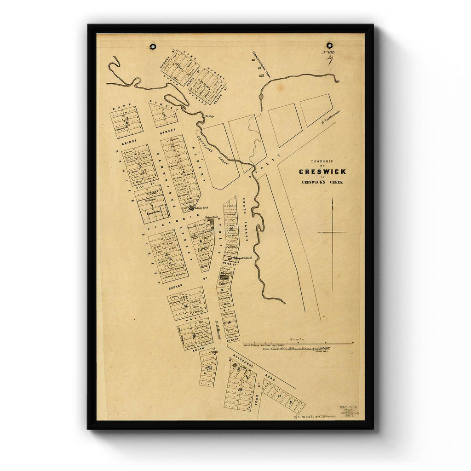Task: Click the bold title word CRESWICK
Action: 322,172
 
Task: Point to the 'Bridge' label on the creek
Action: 210,116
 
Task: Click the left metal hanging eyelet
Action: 152,46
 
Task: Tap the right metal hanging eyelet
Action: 329,46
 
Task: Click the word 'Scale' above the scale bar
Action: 298,339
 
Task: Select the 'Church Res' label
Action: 152,213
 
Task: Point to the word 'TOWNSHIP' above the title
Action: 322,161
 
